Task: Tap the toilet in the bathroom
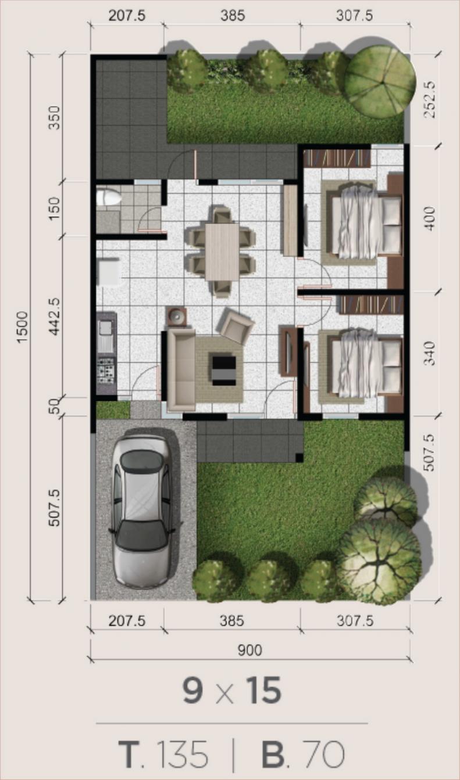click(109, 197)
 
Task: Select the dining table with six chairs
click(222, 251)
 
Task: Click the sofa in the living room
click(181, 370)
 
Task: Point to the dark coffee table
click(223, 369)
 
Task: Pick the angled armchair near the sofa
click(235, 326)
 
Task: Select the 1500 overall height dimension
click(22, 328)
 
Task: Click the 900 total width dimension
click(249, 650)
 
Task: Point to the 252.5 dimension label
click(430, 99)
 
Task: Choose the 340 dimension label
click(430, 353)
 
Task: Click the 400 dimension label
click(430, 219)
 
